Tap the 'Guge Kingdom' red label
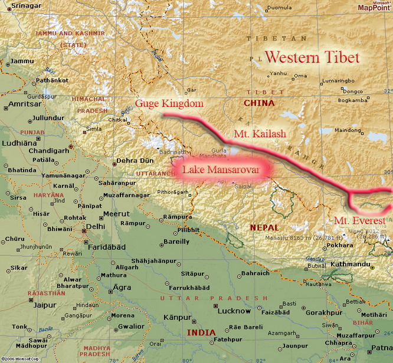click(169, 104)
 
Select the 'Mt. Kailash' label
click(260, 134)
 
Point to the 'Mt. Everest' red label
click(359, 220)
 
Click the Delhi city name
click(96, 225)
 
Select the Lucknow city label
click(234, 310)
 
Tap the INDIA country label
click(201, 332)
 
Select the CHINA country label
click(259, 103)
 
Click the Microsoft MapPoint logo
click(374, 6)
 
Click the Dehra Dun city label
click(135, 160)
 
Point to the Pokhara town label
click(357, 245)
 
